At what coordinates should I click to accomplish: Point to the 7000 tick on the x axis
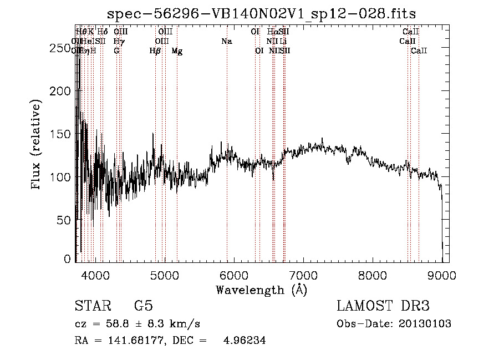point(303,275)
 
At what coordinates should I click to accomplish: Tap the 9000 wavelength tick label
point(442,275)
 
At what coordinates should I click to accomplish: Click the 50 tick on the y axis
point(65,220)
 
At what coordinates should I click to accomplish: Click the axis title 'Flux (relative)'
point(37,145)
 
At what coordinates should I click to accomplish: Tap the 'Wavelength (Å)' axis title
point(261,290)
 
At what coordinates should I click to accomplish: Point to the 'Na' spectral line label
point(226,41)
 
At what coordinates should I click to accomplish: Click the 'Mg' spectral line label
point(177,51)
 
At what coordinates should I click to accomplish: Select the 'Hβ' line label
point(155,51)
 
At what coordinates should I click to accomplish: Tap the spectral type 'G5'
point(143,306)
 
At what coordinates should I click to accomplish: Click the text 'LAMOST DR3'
point(383,306)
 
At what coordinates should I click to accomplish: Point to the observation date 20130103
point(425,324)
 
